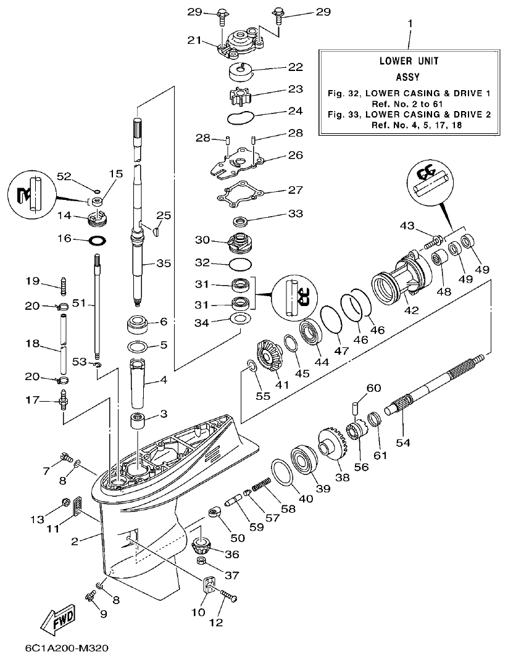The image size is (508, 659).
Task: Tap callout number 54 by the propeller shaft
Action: pos(402,442)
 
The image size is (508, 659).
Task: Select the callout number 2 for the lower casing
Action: pos(74,541)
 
